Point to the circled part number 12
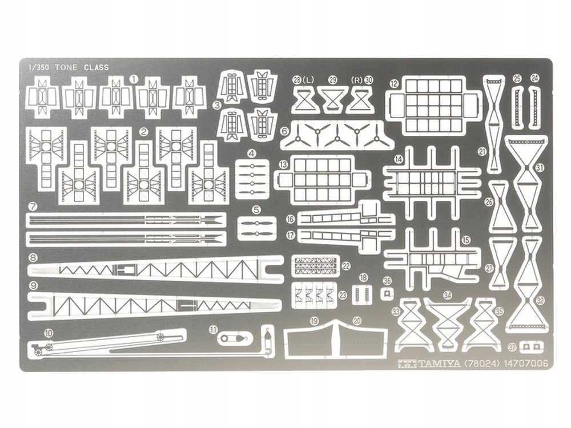393,83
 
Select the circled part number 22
347,266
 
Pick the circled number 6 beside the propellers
284,131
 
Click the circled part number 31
540,167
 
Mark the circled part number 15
466,240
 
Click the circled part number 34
448,295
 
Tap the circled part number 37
512,346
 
